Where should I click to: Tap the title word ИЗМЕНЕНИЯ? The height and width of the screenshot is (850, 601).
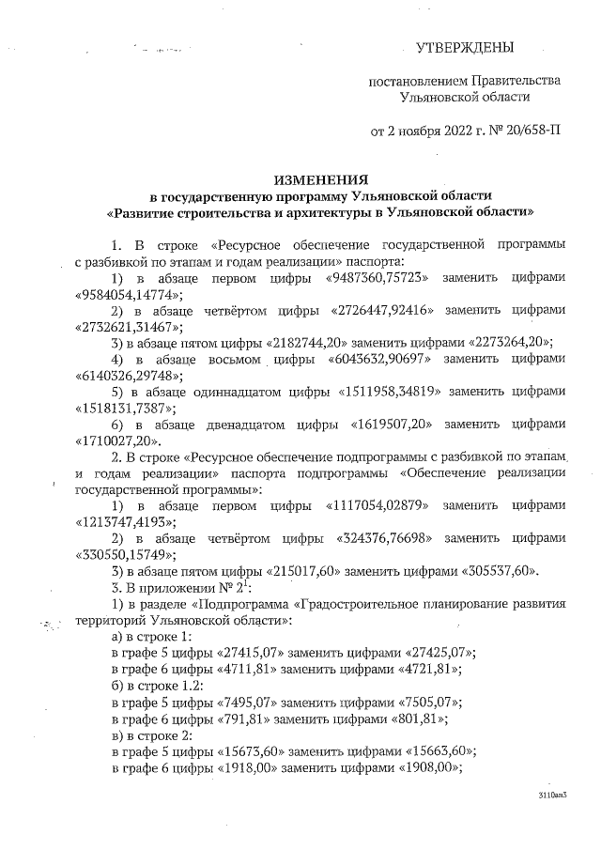point(320,178)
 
